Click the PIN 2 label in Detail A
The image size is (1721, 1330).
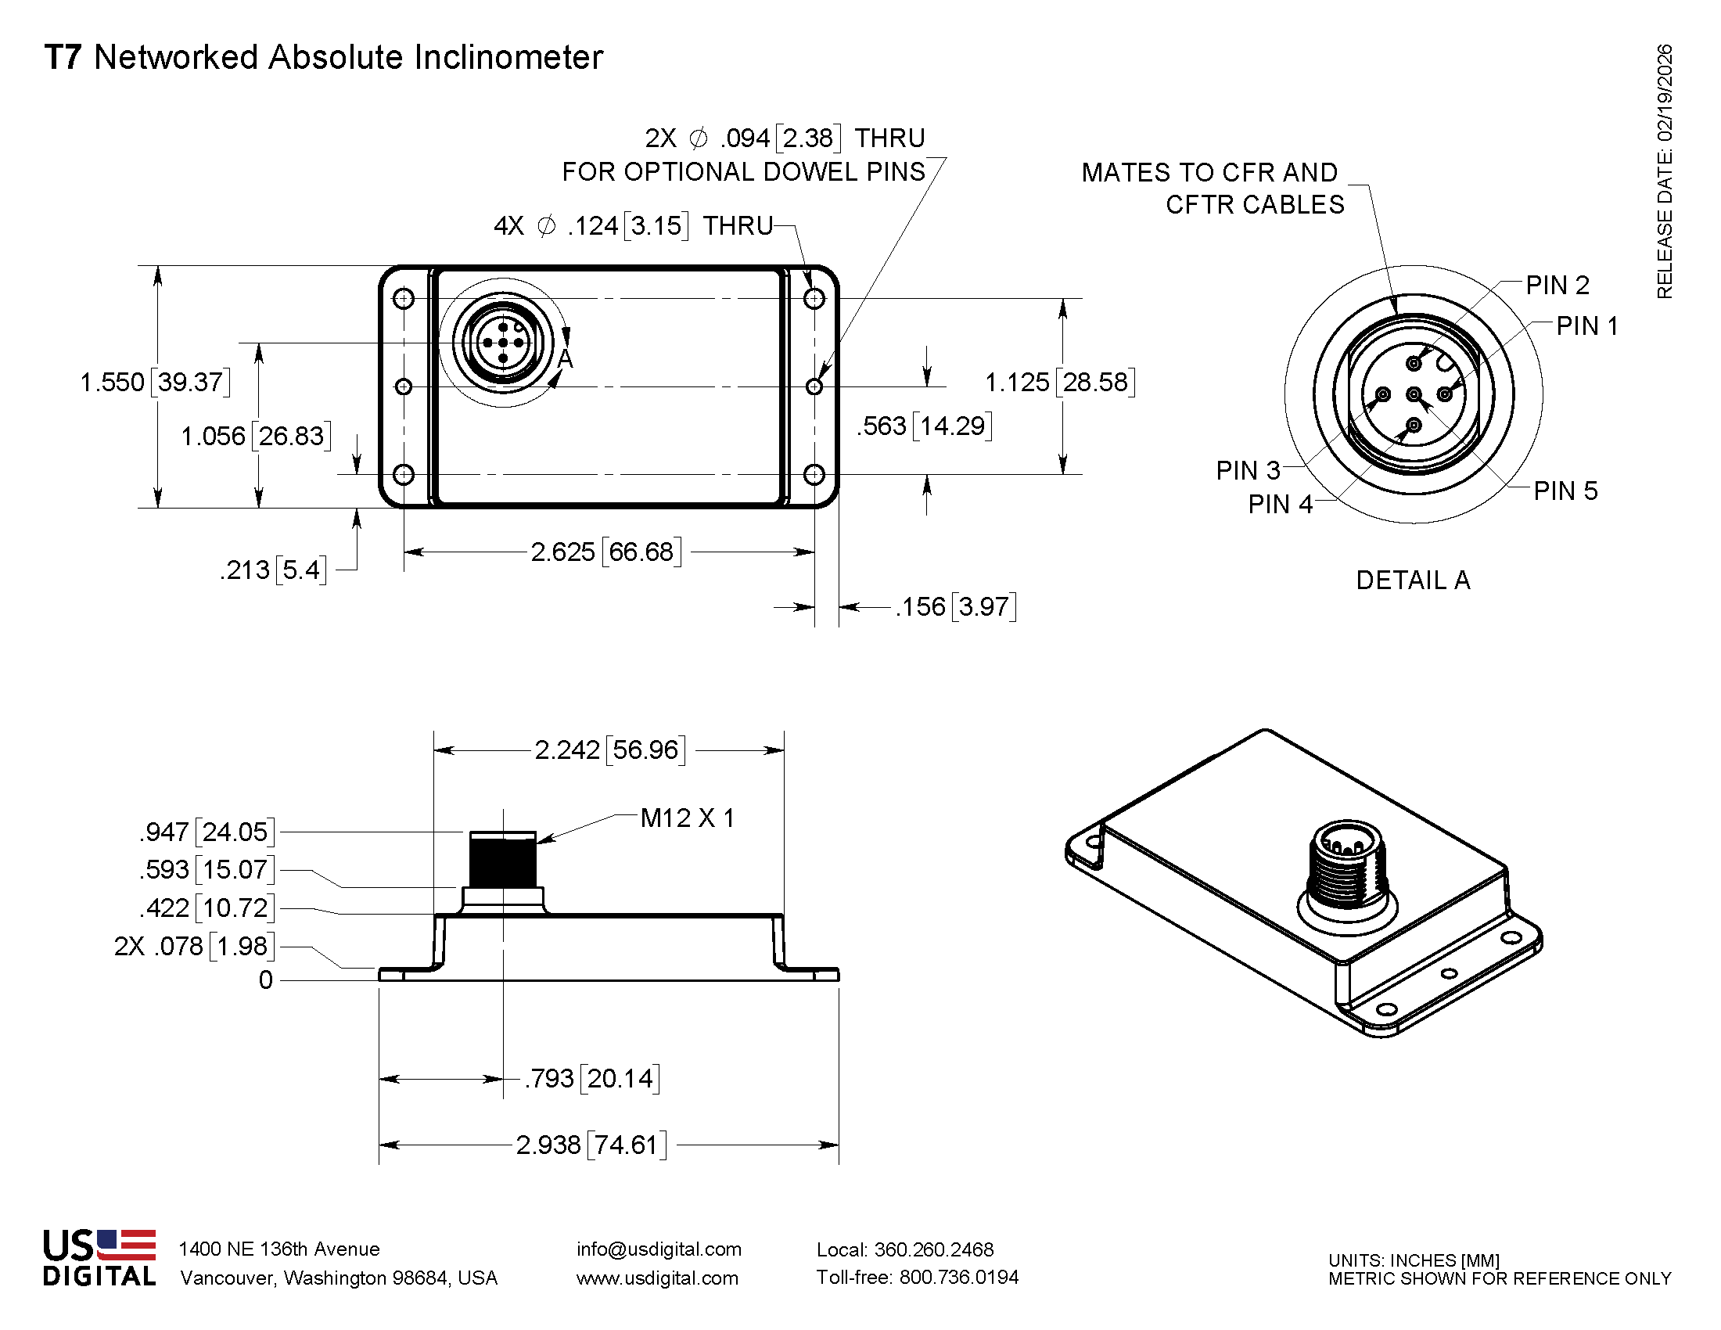(x=1557, y=286)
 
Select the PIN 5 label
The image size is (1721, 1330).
(x=1565, y=491)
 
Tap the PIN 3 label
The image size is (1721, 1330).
(x=1248, y=470)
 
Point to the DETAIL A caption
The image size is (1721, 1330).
(x=1412, y=580)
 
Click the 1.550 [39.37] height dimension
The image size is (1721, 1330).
(x=155, y=382)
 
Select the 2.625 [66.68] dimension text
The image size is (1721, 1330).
(x=605, y=552)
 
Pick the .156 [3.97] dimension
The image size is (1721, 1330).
(x=955, y=606)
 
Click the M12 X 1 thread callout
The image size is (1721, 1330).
(x=687, y=818)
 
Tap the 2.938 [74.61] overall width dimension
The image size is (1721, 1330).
(x=591, y=1144)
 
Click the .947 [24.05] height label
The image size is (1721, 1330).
(x=207, y=831)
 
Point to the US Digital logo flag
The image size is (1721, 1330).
(x=126, y=1245)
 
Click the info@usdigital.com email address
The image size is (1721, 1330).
(x=659, y=1249)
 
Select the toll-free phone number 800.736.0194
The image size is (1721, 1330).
(x=958, y=1278)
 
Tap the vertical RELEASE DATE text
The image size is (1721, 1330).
(x=1663, y=172)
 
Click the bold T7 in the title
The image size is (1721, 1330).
(x=63, y=58)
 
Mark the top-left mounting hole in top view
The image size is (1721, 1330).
(x=404, y=299)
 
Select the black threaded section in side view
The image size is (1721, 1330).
(x=503, y=861)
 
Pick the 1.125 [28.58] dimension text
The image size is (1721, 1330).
(x=1060, y=382)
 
